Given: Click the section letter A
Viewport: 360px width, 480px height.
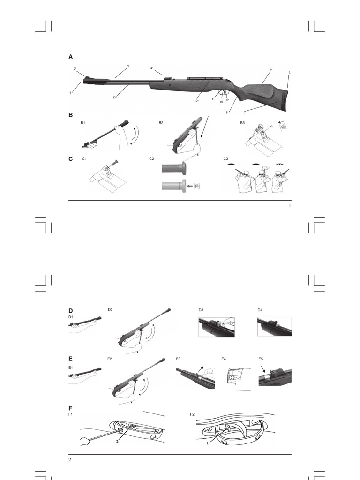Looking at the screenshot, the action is [x=71, y=57].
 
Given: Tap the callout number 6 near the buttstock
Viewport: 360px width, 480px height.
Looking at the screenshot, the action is [x=289, y=73].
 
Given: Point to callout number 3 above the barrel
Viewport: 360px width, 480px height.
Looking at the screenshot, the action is [x=128, y=66].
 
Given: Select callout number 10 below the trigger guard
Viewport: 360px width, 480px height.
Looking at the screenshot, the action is [x=221, y=102].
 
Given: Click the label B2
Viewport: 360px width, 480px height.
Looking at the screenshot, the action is [x=161, y=123].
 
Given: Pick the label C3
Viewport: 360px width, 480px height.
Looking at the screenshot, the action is [x=225, y=158].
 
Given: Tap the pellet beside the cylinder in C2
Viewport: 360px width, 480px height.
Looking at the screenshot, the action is [x=197, y=186].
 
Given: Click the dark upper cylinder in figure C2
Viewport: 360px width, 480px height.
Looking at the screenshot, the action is [x=173, y=168].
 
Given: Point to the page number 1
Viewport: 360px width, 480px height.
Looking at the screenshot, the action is [x=290, y=206].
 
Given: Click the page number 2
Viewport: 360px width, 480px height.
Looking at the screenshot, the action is [x=70, y=459].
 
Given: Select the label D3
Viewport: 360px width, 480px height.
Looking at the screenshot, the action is [x=201, y=310].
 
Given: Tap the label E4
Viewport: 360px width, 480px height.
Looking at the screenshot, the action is [x=224, y=359].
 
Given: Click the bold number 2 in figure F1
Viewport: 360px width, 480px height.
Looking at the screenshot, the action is [x=117, y=442].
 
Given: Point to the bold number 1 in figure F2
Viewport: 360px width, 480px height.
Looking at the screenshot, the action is [x=208, y=443].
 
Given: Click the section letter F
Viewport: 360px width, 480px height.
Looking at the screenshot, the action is [x=70, y=408].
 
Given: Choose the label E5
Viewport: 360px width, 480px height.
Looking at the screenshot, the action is [x=261, y=359].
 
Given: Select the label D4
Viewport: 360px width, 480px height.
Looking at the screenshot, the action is [x=260, y=310].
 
